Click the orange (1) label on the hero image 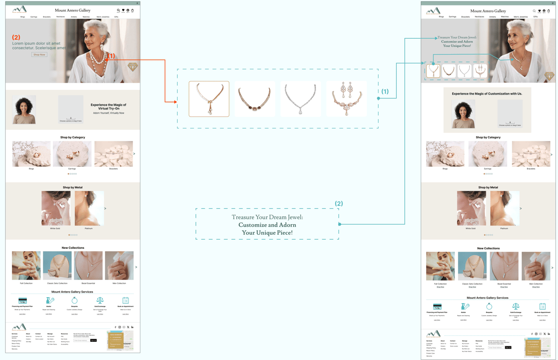click(111, 56)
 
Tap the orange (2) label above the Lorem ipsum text click(16, 37)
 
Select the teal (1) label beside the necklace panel click(385, 92)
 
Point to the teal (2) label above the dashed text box click(339, 204)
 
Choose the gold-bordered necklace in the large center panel click(209, 99)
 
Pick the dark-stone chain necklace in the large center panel click(254, 99)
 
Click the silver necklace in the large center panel click(300, 99)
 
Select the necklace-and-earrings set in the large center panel click(346, 99)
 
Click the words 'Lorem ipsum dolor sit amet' click(36, 44)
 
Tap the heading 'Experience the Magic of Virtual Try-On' click(108, 107)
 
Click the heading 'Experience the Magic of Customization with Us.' click(487, 93)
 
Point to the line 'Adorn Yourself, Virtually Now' click(108, 113)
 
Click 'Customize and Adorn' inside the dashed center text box click(267, 225)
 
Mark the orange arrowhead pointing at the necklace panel click(175, 102)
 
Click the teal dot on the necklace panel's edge click(378, 98)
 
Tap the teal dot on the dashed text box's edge click(340, 224)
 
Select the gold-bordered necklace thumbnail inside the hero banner click(433, 71)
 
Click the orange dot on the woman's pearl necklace click(106, 59)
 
